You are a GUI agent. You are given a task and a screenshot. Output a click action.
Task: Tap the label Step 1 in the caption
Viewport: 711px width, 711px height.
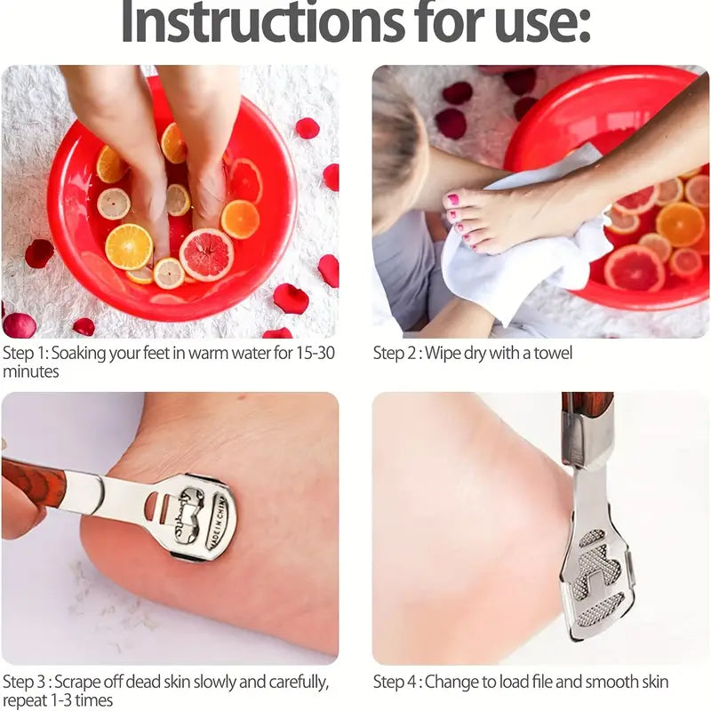point(24,353)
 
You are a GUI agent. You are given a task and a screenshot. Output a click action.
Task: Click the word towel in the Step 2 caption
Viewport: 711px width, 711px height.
point(553,353)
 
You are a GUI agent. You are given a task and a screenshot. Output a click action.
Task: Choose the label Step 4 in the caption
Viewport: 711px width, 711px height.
point(395,682)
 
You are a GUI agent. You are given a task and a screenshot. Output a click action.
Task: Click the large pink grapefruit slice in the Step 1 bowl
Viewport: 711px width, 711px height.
point(206,254)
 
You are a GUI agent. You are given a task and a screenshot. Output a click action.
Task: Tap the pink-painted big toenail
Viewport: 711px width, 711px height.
point(452,198)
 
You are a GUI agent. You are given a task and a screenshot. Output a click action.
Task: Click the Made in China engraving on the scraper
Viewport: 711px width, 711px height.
point(216,523)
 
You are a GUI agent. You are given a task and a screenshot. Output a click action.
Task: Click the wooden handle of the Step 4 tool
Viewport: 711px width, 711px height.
point(588,405)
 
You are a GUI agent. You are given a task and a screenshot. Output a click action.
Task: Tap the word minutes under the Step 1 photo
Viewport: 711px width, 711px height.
point(31,371)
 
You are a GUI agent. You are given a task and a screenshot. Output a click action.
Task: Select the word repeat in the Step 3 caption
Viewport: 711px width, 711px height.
point(25,700)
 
